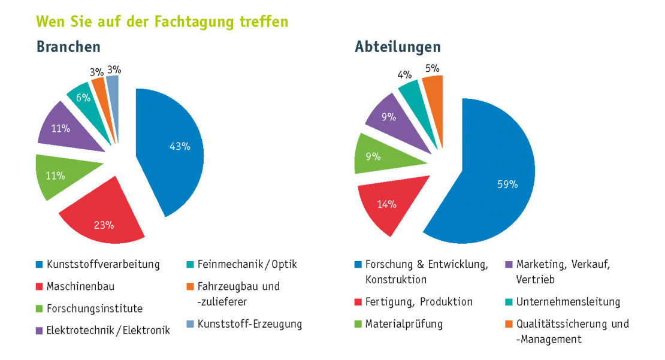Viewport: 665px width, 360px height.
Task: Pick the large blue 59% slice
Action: click(x=491, y=180)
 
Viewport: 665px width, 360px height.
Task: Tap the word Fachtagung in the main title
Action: click(x=184, y=22)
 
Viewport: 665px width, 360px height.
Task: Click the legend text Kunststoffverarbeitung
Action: click(x=104, y=264)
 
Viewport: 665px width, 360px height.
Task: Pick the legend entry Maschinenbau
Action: click(x=80, y=286)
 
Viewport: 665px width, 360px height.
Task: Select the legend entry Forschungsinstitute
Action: click(x=95, y=309)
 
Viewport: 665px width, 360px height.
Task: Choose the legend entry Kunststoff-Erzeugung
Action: click(x=250, y=324)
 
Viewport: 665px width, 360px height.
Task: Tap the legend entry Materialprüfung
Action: click(x=404, y=324)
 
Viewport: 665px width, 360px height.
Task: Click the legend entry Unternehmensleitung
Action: click(x=568, y=302)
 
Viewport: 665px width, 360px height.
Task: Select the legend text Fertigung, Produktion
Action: click(x=419, y=302)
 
